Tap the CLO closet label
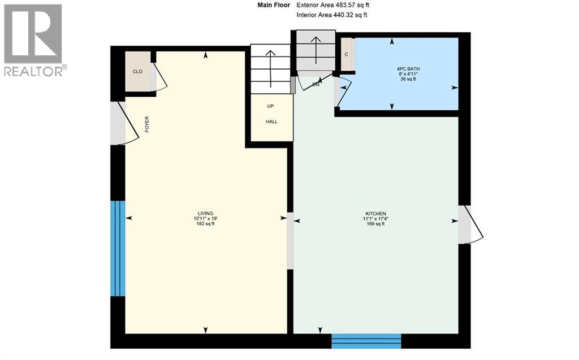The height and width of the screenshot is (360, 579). click(x=137, y=71)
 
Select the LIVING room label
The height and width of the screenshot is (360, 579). click(x=205, y=213)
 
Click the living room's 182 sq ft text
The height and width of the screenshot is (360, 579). click(x=205, y=224)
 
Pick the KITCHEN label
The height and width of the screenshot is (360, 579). click(x=375, y=213)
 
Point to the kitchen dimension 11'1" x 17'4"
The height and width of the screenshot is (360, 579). click(x=375, y=219)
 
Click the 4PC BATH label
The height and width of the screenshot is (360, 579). click(x=408, y=69)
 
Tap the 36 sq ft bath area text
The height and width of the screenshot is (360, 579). click(x=408, y=79)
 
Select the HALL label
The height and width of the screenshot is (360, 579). click(x=272, y=122)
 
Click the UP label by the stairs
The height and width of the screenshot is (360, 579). click(x=271, y=106)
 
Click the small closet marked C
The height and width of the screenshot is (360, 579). click(x=346, y=54)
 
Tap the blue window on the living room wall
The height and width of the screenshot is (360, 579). click(x=117, y=248)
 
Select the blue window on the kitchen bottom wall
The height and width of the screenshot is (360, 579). click(x=366, y=341)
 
